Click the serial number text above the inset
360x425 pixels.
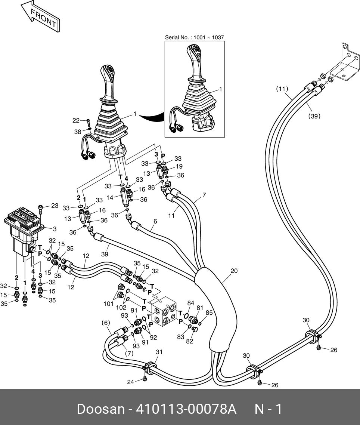pos(194,37)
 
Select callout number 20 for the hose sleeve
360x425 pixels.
pos(234,271)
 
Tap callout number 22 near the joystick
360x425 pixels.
pos(76,120)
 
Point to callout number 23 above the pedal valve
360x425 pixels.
pos(55,206)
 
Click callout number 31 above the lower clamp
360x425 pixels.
pos(159,352)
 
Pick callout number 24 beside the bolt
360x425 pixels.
pos(130,382)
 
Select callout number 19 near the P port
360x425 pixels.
pos(179,166)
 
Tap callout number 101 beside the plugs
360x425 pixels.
pos(108,304)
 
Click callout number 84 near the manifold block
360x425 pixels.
pos(190,303)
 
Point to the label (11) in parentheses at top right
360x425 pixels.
pos(282,89)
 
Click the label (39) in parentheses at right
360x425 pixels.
pos(314,116)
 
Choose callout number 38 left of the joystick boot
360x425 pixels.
pos(77,132)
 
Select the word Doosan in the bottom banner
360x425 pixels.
pos(100,409)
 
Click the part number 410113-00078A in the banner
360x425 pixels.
pos(186,409)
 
